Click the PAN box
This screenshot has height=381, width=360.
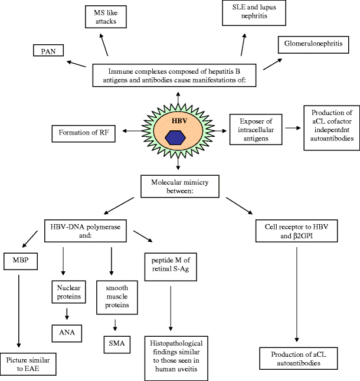(x=48, y=50)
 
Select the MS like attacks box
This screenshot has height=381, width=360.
(x=106, y=17)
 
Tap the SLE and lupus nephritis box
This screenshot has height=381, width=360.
(x=254, y=12)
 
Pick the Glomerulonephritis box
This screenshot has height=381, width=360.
(x=313, y=45)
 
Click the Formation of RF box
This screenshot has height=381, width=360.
(x=83, y=133)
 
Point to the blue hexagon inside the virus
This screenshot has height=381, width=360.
(x=175, y=138)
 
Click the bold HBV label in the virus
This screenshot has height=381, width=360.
(x=179, y=121)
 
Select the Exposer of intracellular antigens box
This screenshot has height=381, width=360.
(x=256, y=130)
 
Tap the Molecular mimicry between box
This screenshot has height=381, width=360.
(x=180, y=186)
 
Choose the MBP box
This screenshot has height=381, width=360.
(x=21, y=261)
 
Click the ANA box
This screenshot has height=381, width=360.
(x=67, y=333)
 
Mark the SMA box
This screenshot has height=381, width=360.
(x=117, y=344)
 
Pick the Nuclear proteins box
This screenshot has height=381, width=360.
(x=69, y=292)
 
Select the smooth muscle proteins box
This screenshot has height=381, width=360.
(x=117, y=297)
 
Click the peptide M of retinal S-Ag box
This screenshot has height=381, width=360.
(x=171, y=267)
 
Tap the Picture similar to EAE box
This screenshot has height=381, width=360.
(x=28, y=364)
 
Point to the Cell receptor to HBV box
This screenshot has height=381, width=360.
(x=296, y=231)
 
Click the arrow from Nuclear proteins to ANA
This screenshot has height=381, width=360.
(x=67, y=314)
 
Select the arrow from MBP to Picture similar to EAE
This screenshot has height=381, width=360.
(x=19, y=311)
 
